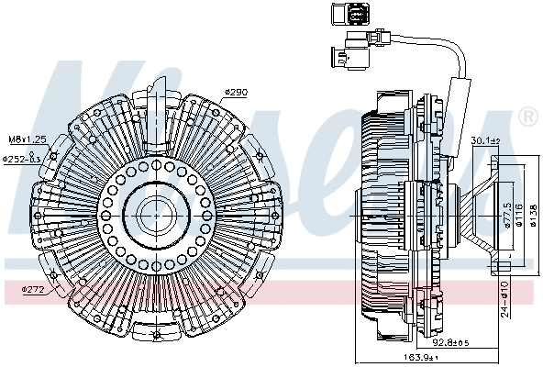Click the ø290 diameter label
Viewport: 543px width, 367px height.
[x=236, y=92]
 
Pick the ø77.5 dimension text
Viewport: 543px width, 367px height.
[x=506, y=217]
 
